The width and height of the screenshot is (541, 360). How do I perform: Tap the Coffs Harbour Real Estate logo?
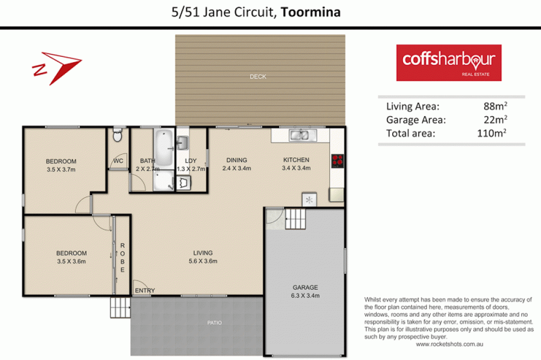[448, 62]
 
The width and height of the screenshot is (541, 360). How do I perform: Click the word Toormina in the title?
[311, 12]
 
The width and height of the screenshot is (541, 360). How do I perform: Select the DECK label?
[258, 77]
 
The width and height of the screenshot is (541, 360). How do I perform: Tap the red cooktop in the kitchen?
[338, 160]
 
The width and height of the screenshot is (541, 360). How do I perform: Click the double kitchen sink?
[299, 135]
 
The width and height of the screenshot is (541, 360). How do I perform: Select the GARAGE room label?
[306, 288]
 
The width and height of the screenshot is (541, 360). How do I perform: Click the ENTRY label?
[145, 291]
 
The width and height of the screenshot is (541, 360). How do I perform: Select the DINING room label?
[236, 160]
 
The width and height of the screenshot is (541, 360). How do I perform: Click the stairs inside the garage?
[295, 219]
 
